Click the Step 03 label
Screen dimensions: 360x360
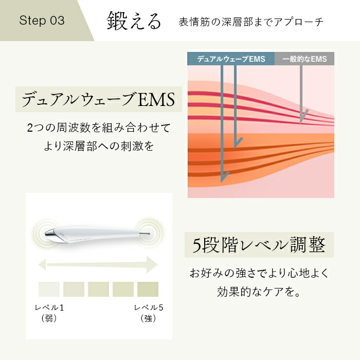point(42,21)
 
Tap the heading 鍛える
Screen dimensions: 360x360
point(134,21)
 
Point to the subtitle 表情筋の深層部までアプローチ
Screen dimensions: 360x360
point(251,22)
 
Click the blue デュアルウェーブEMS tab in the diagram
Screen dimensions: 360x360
point(231,59)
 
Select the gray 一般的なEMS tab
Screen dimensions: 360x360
point(304,59)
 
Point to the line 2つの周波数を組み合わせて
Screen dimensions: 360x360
point(98,127)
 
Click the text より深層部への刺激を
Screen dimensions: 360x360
point(98,146)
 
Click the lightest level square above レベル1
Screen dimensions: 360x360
point(49,289)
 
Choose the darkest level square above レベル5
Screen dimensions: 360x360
point(148,289)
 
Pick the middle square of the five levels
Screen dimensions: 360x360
point(98,289)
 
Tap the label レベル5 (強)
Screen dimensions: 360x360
point(148,313)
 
